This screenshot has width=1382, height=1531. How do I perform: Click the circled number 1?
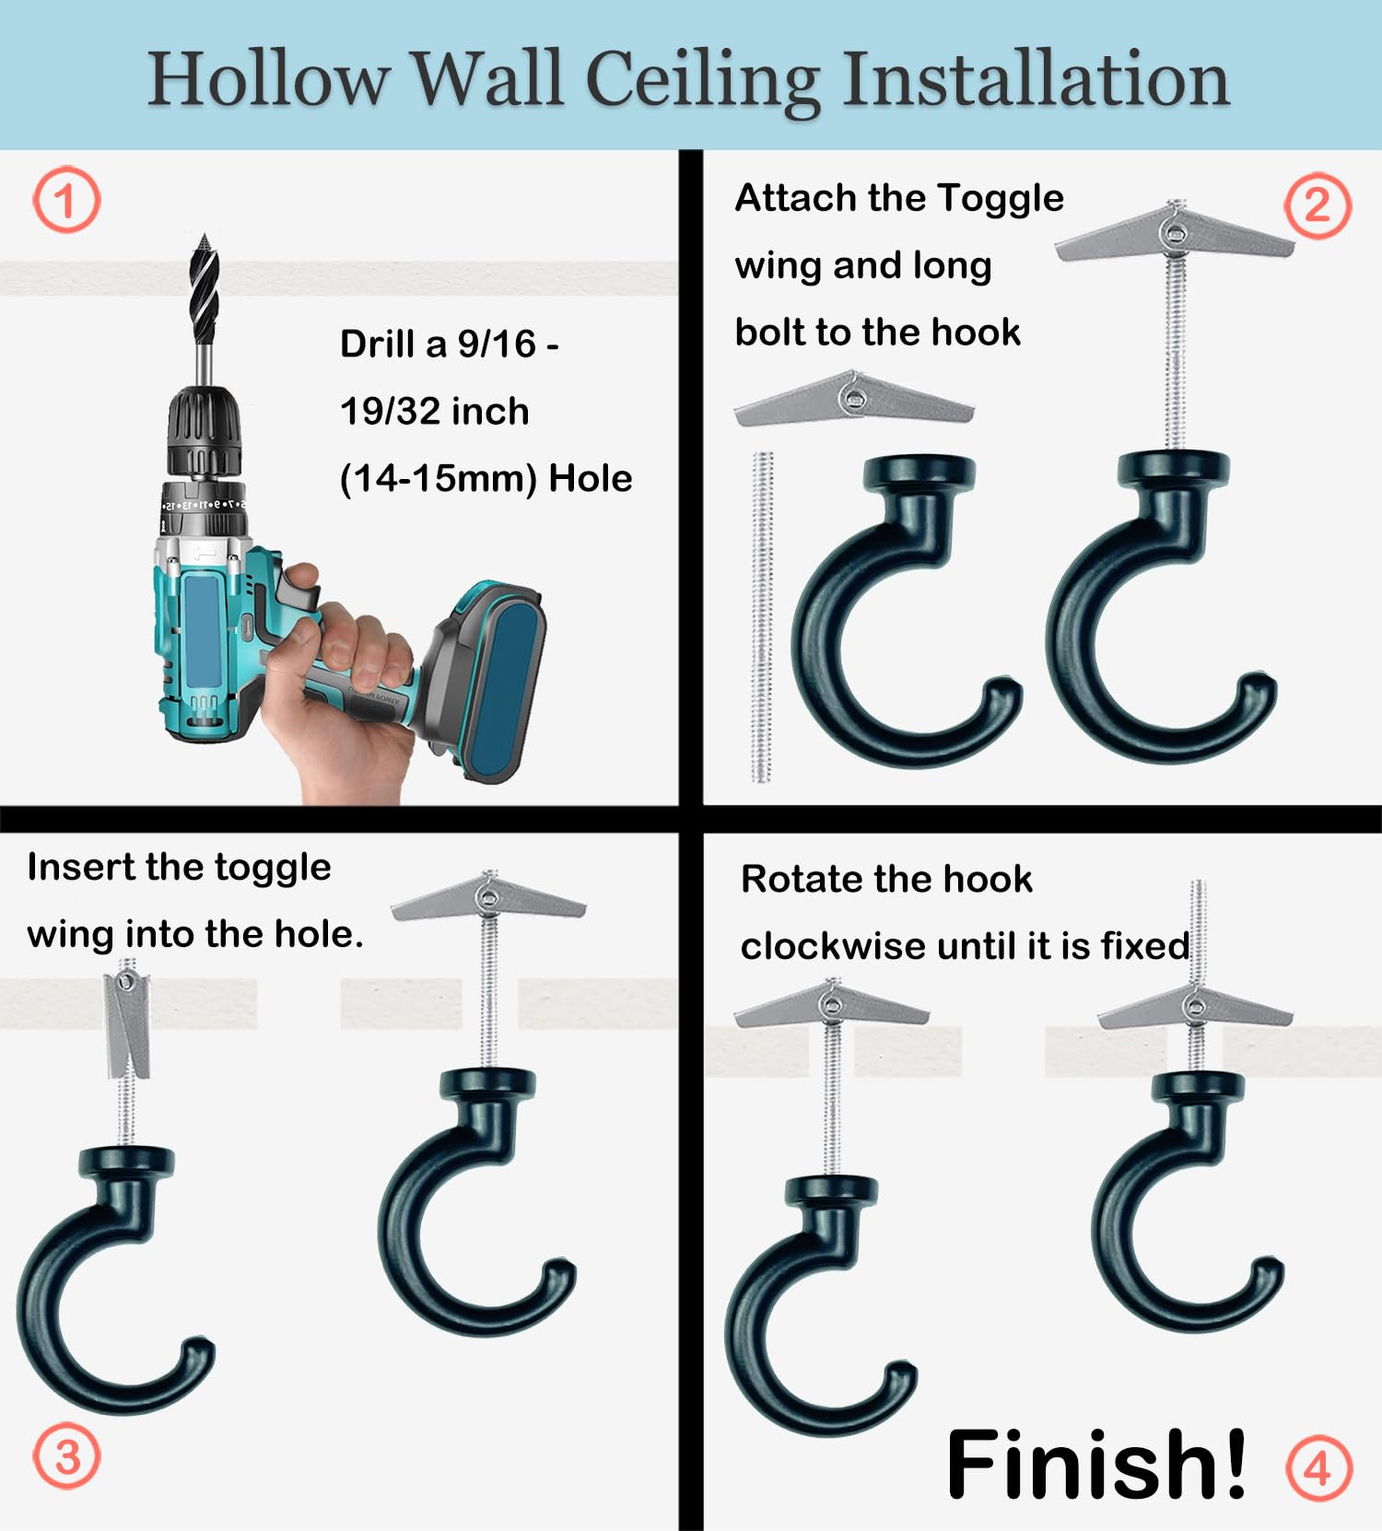pyautogui.click(x=66, y=200)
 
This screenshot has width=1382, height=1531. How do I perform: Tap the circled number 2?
pyautogui.click(x=1318, y=205)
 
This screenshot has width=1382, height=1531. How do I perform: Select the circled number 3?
pyautogui.click(x=66, y=1456)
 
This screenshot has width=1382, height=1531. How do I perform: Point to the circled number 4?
pyautogui.click(x=1318, y=1467)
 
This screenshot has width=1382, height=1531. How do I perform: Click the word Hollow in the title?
pyautogui.click(x=268, y=79)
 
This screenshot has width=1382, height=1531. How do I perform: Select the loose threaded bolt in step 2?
pyautogui.click(x=762, y=616)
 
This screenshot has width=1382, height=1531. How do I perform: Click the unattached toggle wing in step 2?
pyautogui.click(x=854, y=399)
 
